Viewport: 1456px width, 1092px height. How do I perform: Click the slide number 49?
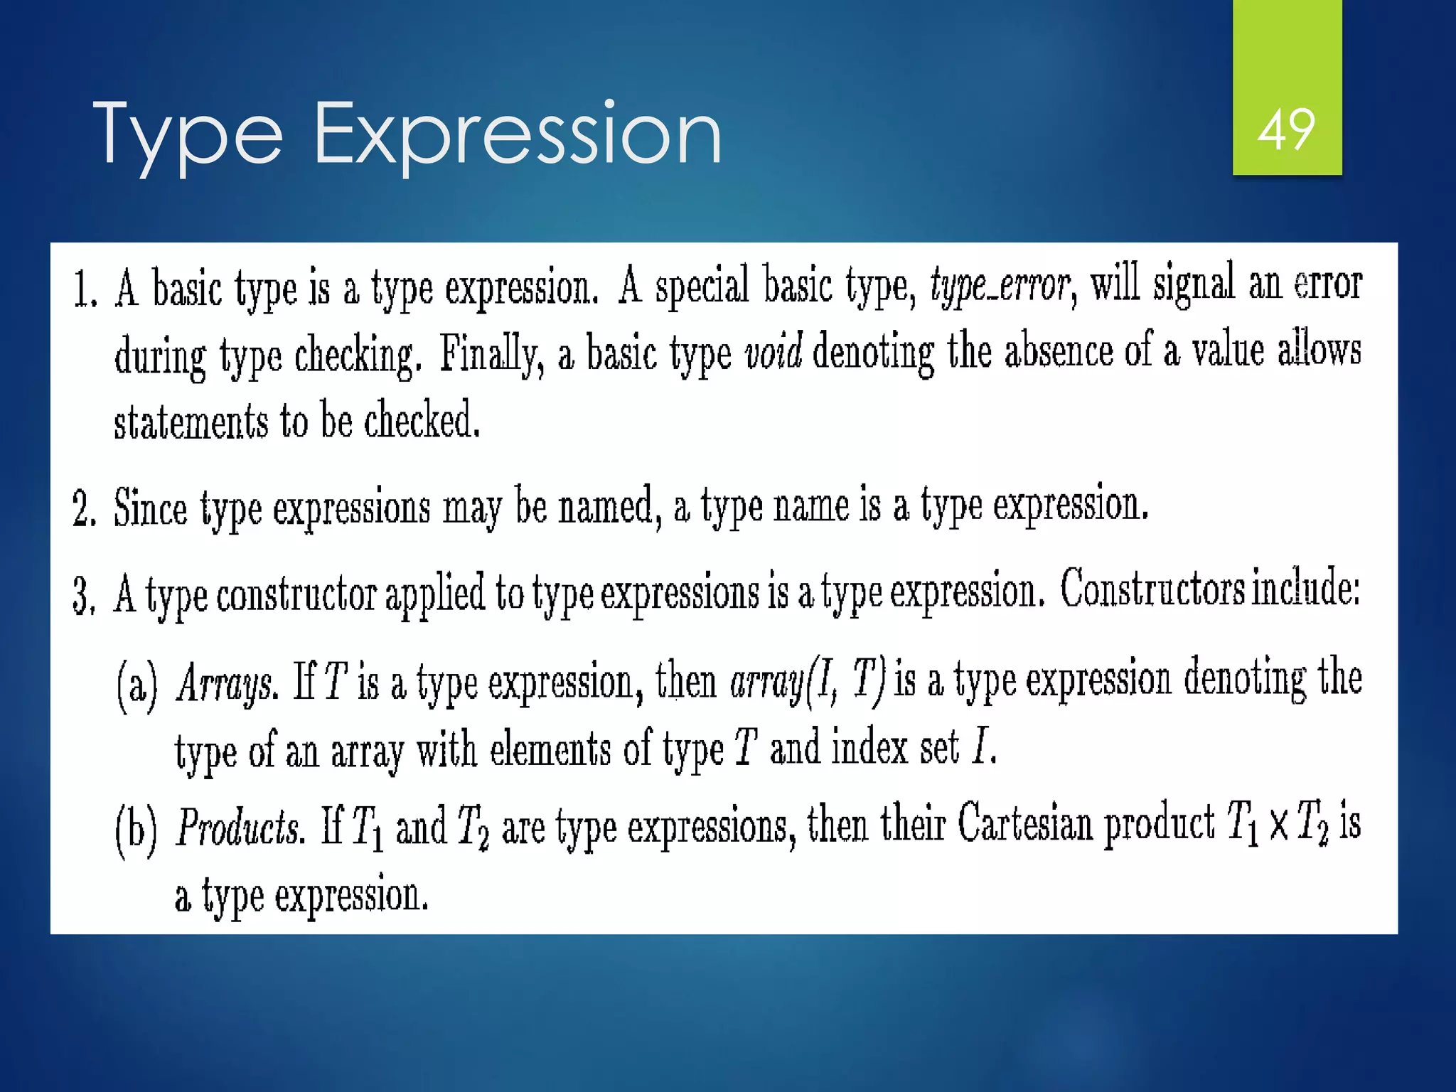(x=1286, y=130)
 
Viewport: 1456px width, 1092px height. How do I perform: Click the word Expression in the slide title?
(x=517, y=133)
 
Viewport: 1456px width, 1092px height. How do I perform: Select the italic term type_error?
(x=1000, y=285)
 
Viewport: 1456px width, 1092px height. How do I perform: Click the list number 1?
(x=85, y=291)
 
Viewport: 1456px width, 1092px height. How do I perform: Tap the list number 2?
(x=84, y=509)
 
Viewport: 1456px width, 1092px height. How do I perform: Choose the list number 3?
(x=84, y=596)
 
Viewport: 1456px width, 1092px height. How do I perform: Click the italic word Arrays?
(x=223, y=683)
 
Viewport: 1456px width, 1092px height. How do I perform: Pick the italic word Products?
(x=240, y=828)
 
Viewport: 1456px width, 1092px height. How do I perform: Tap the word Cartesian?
(x=1024, y=825)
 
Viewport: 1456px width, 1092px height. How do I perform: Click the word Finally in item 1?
(x=491, y=354)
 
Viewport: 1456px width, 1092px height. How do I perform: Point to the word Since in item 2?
(x=150, y=508)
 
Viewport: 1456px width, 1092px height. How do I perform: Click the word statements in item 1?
(x=191, y=421)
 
